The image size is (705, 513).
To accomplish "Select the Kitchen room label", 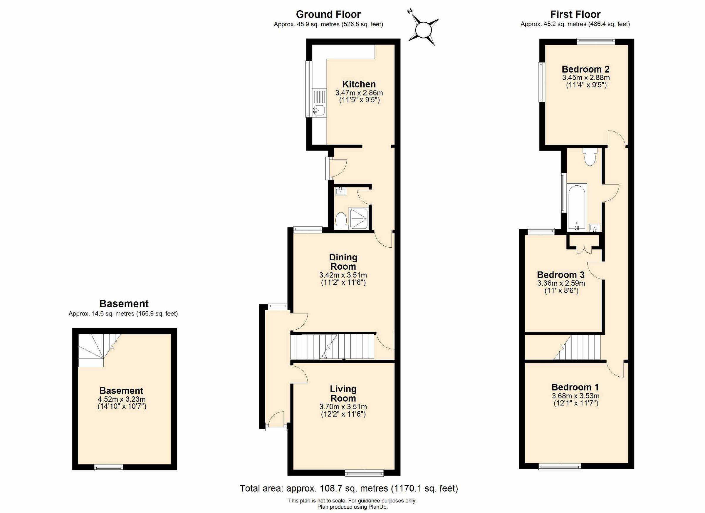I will [359, 84].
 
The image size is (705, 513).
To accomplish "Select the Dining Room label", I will [343, 262].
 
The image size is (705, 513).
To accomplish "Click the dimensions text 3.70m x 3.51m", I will [343, 407].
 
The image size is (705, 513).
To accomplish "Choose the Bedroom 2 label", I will [585, 69].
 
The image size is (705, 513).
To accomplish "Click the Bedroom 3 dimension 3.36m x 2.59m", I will [561, 283].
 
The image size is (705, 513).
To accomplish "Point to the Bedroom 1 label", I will [575, 387].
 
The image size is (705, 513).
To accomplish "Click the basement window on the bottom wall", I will [108, 467].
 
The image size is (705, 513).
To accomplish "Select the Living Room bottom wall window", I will [364, 473].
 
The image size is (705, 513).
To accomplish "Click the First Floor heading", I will [575, 14].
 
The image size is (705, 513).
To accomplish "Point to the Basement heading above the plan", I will [124, 304].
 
